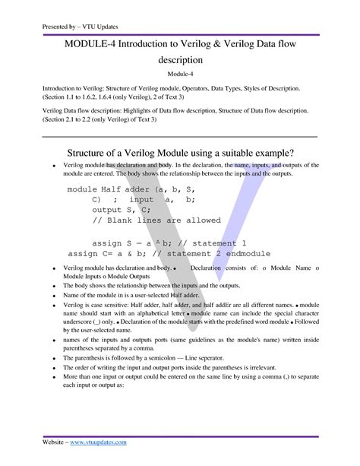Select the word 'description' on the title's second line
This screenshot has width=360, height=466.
click(x=180, y=59)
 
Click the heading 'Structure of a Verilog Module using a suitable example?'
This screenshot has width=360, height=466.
click(x=180, y=148)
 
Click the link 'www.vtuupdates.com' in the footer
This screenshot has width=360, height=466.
click(x=96, y=441)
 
